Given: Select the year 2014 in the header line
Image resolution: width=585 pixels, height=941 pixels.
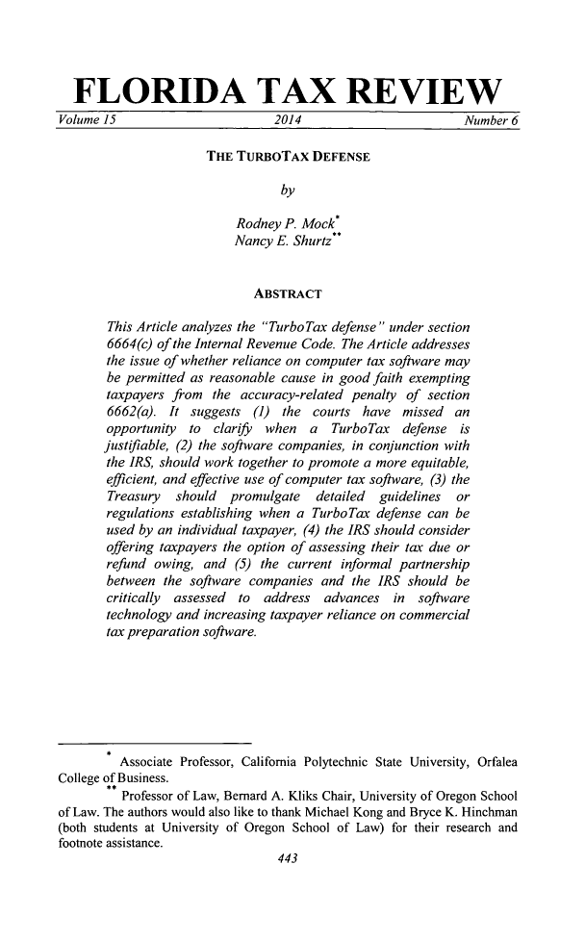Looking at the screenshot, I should tap(290, 120).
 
